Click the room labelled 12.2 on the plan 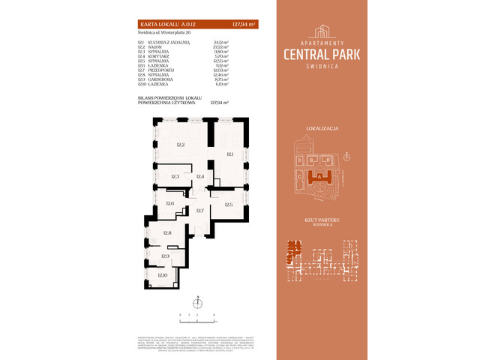[x=180, y=145]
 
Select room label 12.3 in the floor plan [x=175, y=176]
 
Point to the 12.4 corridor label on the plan [x=200, y=176]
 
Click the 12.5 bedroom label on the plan [x=228, y=205]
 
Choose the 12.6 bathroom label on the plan [x=170, y=204]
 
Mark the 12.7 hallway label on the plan [x=200, y=211]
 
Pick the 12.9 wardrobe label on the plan [x=165, y=256]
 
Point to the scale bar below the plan [x=197, y=314]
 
